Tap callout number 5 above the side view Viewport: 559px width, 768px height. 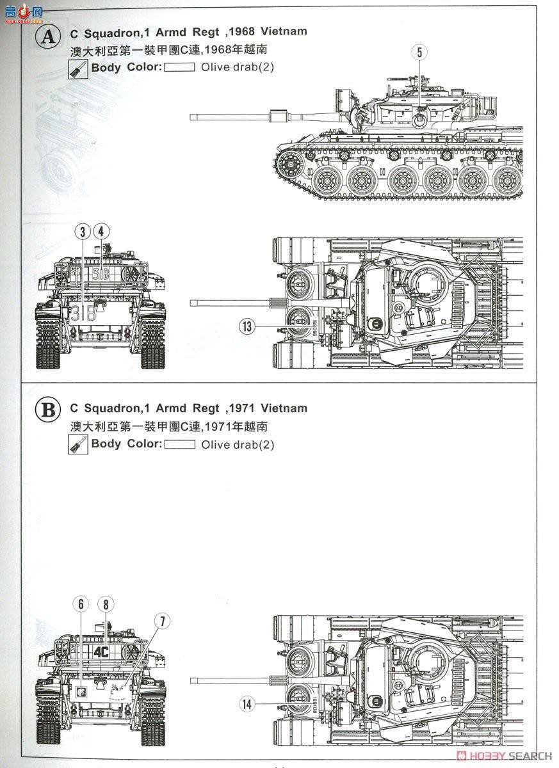click(x=419, y=52)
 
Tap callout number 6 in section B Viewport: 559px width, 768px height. click(x=81, y=604)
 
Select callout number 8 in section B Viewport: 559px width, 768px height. click(x=105, y=604)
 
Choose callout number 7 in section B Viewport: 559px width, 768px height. click(x=163, y=621)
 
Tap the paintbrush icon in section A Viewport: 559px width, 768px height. click(x=77, y=69)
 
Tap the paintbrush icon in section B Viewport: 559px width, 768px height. click(x=77, y=445)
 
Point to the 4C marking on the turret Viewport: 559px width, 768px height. click(x=100, y=652)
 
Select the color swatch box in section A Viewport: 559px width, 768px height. click(x=179, y=67)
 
